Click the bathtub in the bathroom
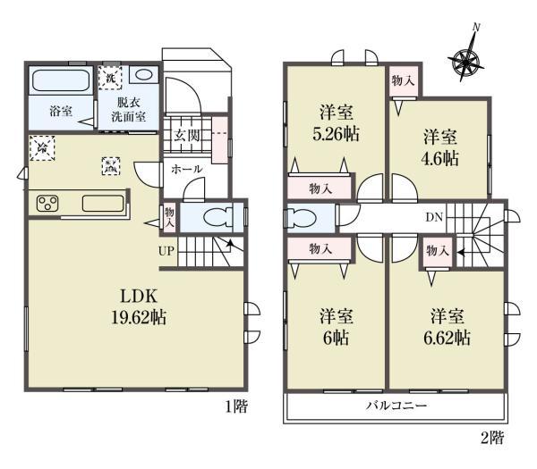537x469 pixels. (x=61, y=83)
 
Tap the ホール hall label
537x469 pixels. (x=186, y=169)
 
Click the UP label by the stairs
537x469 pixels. (x=166, y=250)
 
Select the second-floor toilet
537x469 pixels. (x=305, y=217)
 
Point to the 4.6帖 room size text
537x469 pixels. (x=440, y=159)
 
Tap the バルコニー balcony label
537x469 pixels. (x=395, y=405)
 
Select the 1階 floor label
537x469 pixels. (x=236, y=406)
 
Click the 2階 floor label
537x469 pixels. (x=491, y=438)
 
